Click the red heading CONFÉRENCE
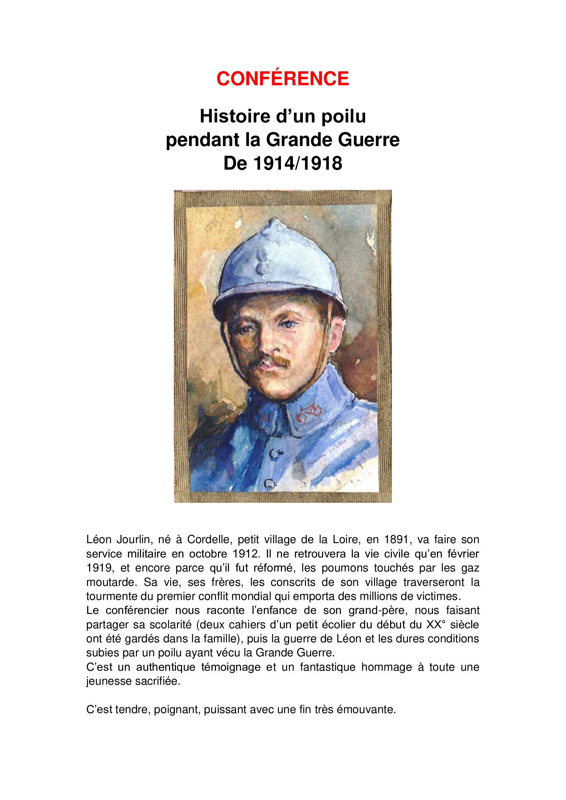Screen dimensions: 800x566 point(283,79)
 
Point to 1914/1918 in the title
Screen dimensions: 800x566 point(298,163)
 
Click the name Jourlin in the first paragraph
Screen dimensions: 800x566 point(133,540)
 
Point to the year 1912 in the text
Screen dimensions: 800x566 point(246,554)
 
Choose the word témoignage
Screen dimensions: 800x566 point(231,667)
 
